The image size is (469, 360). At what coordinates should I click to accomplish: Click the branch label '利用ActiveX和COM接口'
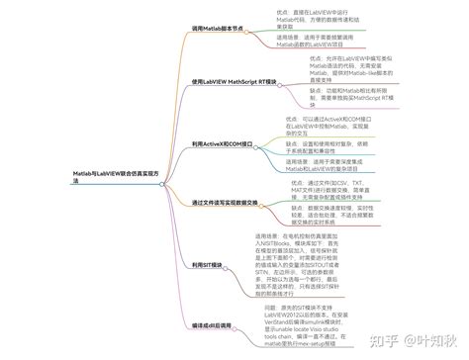pyautogui.click(x=219, y=143)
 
